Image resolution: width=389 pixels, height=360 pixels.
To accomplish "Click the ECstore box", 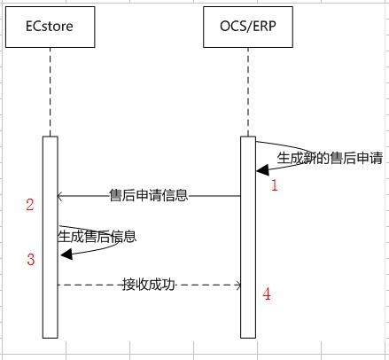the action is pos(51,27).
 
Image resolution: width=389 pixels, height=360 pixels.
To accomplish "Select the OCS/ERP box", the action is pos(248,27).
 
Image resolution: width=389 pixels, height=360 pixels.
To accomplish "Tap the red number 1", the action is pos(275,185).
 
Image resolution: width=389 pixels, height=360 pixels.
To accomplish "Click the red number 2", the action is pos(30,205).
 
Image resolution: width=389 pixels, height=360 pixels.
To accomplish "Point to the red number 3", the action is pos(31,259).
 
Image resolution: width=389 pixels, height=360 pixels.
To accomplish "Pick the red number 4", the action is pos(267,294).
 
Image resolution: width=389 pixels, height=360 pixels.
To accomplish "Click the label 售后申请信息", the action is pos(149,195).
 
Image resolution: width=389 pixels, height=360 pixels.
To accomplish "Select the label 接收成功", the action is pos(149,285).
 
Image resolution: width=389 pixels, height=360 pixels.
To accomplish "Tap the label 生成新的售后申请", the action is pos(330,158).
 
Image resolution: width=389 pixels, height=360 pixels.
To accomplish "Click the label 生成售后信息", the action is pos(97,237).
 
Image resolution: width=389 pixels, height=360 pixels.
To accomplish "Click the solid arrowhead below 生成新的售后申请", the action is pos(262,170).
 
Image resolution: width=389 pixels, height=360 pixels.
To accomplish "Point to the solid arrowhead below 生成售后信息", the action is pos(66,254).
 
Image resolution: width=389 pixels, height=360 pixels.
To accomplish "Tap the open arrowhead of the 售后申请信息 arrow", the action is pos(59,196).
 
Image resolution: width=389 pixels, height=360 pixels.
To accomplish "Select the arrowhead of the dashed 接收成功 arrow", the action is pos(238,286).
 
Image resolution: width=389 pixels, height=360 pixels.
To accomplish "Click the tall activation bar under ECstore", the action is pos(51,237).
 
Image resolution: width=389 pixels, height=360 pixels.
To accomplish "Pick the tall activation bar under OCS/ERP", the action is pos(248,237).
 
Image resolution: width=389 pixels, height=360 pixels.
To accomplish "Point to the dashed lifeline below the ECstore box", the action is pos(51,92).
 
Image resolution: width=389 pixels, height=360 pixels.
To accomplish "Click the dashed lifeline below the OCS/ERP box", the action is pos(248,92).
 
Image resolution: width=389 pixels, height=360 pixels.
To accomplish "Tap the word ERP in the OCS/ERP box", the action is pos(265,27).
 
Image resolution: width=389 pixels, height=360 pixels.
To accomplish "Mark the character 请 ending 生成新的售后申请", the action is pos(377,158).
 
